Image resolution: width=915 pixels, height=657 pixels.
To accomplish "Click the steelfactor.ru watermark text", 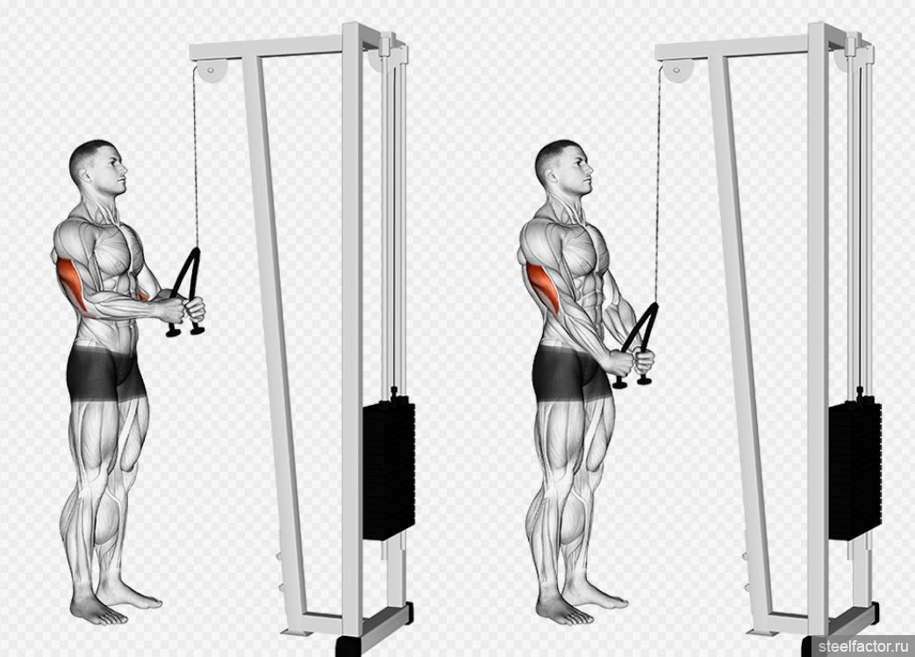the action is point(863,646).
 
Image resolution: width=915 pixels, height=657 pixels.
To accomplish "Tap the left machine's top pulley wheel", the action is point(210,70).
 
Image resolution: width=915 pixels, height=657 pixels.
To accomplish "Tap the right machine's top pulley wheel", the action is point(676,70).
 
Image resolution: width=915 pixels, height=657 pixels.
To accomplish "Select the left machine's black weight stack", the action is point(389,470).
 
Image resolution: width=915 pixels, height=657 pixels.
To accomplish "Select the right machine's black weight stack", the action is point(854,470).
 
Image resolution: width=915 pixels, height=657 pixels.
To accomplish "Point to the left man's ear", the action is point(85,174).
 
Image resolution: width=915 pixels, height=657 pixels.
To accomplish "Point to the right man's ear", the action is point(552,174).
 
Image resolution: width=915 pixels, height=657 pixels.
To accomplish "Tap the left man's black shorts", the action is point(105,372).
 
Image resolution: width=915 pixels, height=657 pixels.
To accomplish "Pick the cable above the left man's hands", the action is point(197,158).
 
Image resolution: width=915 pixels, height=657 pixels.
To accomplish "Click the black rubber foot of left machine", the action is point(348,646).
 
